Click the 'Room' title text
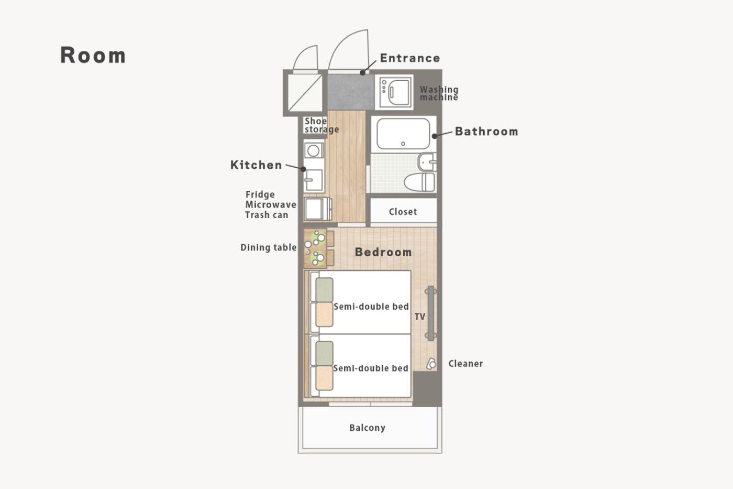[x=93, y=55]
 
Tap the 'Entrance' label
[x=409, y=58]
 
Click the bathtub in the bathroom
[x=403, y=134]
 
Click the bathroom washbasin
[x=427, y=162]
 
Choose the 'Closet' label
[x=403, y=212]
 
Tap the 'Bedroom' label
[x=383, y=252]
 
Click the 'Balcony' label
[x=367, y=428]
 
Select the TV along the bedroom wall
[x=431, y=313]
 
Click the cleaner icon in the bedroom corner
[x=431, y=364]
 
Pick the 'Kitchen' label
[x=256, y=165]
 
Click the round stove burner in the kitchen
[x=313, y=150]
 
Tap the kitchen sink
[x=314, y=180]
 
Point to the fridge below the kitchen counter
[x=317, y=209]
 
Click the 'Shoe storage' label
[x=321, y=125]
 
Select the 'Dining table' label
[x=268, y=247]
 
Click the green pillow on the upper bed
[x=324, y=290]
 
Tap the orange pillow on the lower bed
[x=324, y=378]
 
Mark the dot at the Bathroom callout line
[x=434, y=136]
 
